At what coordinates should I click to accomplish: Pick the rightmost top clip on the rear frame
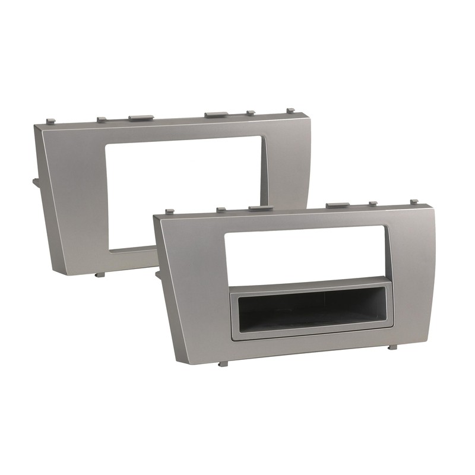point(290,110)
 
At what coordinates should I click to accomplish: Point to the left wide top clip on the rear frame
point(140,117)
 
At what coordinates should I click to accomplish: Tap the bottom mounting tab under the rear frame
point(100,274)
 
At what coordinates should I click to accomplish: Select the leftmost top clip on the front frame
point(169,211)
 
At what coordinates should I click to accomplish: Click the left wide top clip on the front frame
point(259,208)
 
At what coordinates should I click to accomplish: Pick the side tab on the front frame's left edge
point(159,274)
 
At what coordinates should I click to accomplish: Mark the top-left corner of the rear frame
point(36,125)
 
